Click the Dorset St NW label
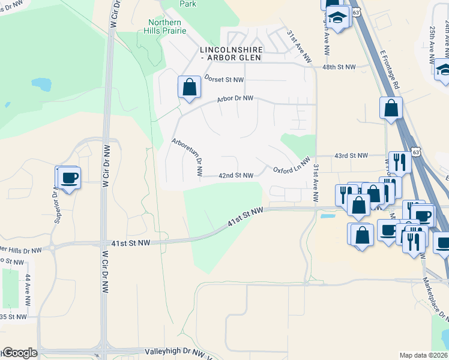pyautogui.click(x=224, y=79)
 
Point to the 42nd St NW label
pyautogui.click(x=235, y=176)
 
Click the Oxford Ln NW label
pyautogui.click(x=292, y=166)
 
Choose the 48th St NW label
pyautogui.click(x=339, y=67)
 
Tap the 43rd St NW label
pyautogui.click(x=351, y=156)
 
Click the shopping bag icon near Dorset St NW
pyautogui.click(x=189, y=87)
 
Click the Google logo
pyautogui.click(x=19, y=353)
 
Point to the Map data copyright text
pyautogui.click(x=424, y=355)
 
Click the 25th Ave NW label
pyautogui.click(x=432, y=44)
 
